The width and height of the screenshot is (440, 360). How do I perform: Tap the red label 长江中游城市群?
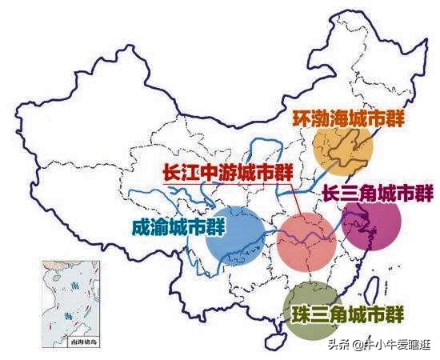click(226, 174)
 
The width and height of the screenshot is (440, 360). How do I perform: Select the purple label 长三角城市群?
click(377, 194)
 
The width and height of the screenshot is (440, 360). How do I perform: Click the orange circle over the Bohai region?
click(345, 150)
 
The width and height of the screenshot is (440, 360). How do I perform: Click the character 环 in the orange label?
click(300, 118)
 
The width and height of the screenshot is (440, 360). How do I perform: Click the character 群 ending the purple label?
click(422, 194)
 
